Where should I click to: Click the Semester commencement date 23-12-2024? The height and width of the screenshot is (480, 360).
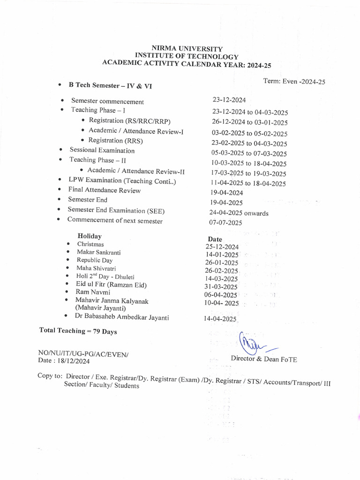[229, 100]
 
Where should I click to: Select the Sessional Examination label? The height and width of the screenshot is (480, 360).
[102, 150]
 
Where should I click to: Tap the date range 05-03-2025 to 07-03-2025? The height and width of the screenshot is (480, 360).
[249, 153]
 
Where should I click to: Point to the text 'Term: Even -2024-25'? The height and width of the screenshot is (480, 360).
[294, 81]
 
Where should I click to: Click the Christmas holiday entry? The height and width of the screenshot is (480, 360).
[90, 244]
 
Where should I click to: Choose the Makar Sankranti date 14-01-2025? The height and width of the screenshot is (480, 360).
[222, 255]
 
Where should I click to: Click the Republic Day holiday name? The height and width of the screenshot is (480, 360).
[95, 260]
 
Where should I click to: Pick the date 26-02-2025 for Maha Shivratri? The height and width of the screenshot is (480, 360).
[222, 270]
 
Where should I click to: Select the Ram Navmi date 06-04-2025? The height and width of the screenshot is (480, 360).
[221, 294]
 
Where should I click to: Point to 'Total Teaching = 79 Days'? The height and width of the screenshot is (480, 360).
[78, 331]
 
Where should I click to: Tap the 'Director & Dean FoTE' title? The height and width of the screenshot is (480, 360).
[264, 359]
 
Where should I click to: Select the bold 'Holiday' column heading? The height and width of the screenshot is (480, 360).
[90, 236]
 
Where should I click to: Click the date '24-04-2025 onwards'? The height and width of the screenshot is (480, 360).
[239, 213]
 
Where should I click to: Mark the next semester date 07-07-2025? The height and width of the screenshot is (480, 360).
[226, 223]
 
